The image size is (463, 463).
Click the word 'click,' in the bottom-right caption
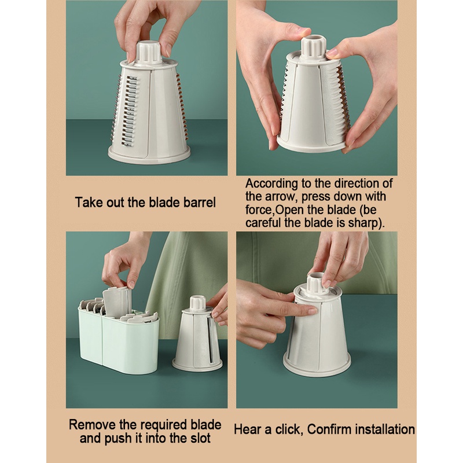(289, 429)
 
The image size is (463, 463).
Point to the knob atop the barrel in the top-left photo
(149, 52)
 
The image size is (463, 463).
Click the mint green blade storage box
(119, 339)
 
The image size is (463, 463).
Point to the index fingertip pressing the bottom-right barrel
(313, 310)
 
